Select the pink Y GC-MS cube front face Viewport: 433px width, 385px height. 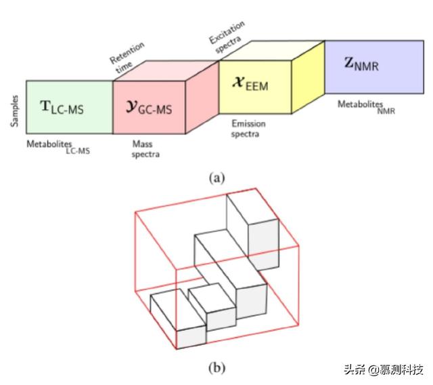(149, 107)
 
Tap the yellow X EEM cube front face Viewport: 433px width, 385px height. (254, 87)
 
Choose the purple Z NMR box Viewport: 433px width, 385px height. (373, 66)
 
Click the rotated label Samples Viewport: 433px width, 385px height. (14, 110)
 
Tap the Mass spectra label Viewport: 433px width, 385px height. (145, 149)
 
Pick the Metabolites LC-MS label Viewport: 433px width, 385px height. (58, 147)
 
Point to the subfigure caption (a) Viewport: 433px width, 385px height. (216, 178)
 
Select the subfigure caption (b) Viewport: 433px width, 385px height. (216, 367)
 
